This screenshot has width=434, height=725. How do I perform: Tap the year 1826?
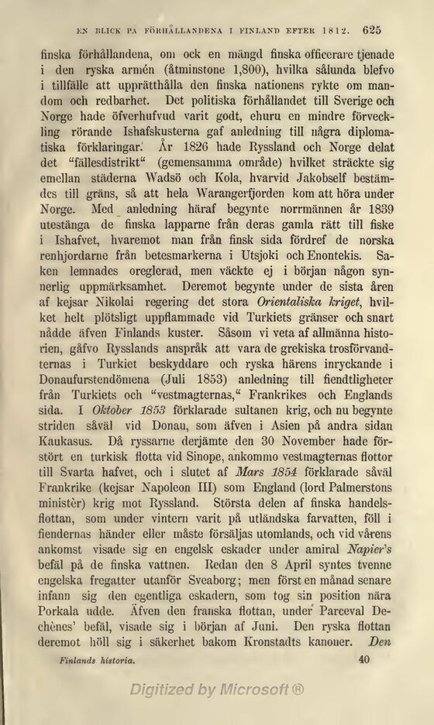(196, 152)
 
